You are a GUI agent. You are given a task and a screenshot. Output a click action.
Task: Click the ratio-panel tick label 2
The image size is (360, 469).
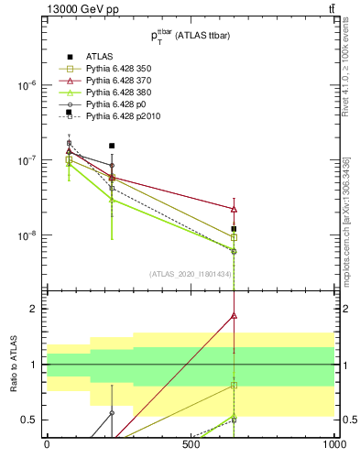point(34,309)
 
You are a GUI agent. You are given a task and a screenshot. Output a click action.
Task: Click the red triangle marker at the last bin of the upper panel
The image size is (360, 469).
point(235,209)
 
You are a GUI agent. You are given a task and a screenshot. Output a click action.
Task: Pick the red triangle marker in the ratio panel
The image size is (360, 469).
point(235,315)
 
